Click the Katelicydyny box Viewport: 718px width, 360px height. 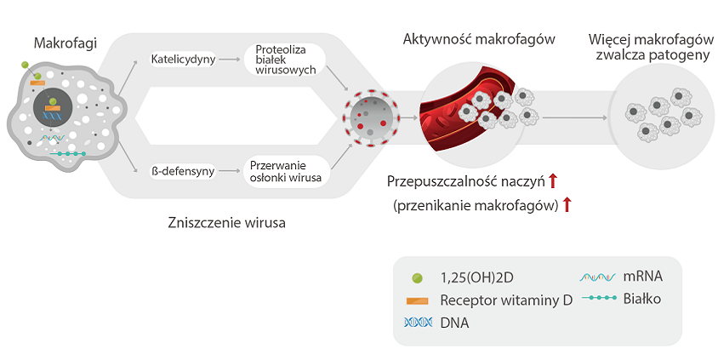(181, 60)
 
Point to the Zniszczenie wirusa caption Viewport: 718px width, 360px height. (227, 224)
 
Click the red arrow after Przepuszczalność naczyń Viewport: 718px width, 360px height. (552, 180)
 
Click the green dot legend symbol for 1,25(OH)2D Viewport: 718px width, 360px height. (417, 277)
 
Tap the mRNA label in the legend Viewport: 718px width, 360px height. (642, 277)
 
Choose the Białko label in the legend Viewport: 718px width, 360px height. (641, 299)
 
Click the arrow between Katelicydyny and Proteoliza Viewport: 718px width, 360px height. (228, 60)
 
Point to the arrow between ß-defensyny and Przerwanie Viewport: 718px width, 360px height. (228, 171)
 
